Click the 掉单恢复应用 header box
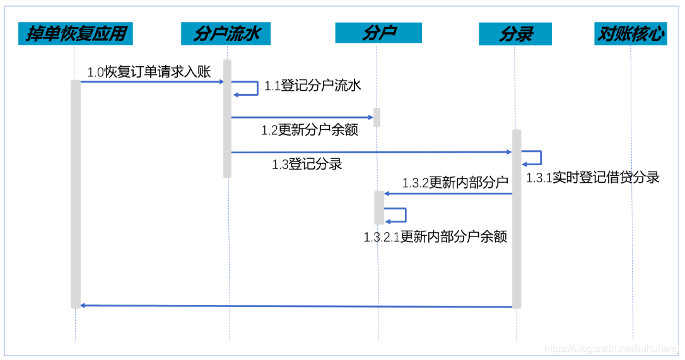76,33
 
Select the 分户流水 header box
226,33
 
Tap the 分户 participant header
378,33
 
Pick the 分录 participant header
515,34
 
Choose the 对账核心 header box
631,34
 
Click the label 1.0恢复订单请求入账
149,72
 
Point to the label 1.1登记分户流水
312,86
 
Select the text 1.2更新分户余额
310,131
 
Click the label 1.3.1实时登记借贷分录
593,178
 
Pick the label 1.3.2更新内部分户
455,183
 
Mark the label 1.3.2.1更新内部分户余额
435,237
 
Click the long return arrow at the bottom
296,306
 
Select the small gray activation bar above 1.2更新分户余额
377,117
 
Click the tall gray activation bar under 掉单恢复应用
76,194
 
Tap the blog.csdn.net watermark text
612,349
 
